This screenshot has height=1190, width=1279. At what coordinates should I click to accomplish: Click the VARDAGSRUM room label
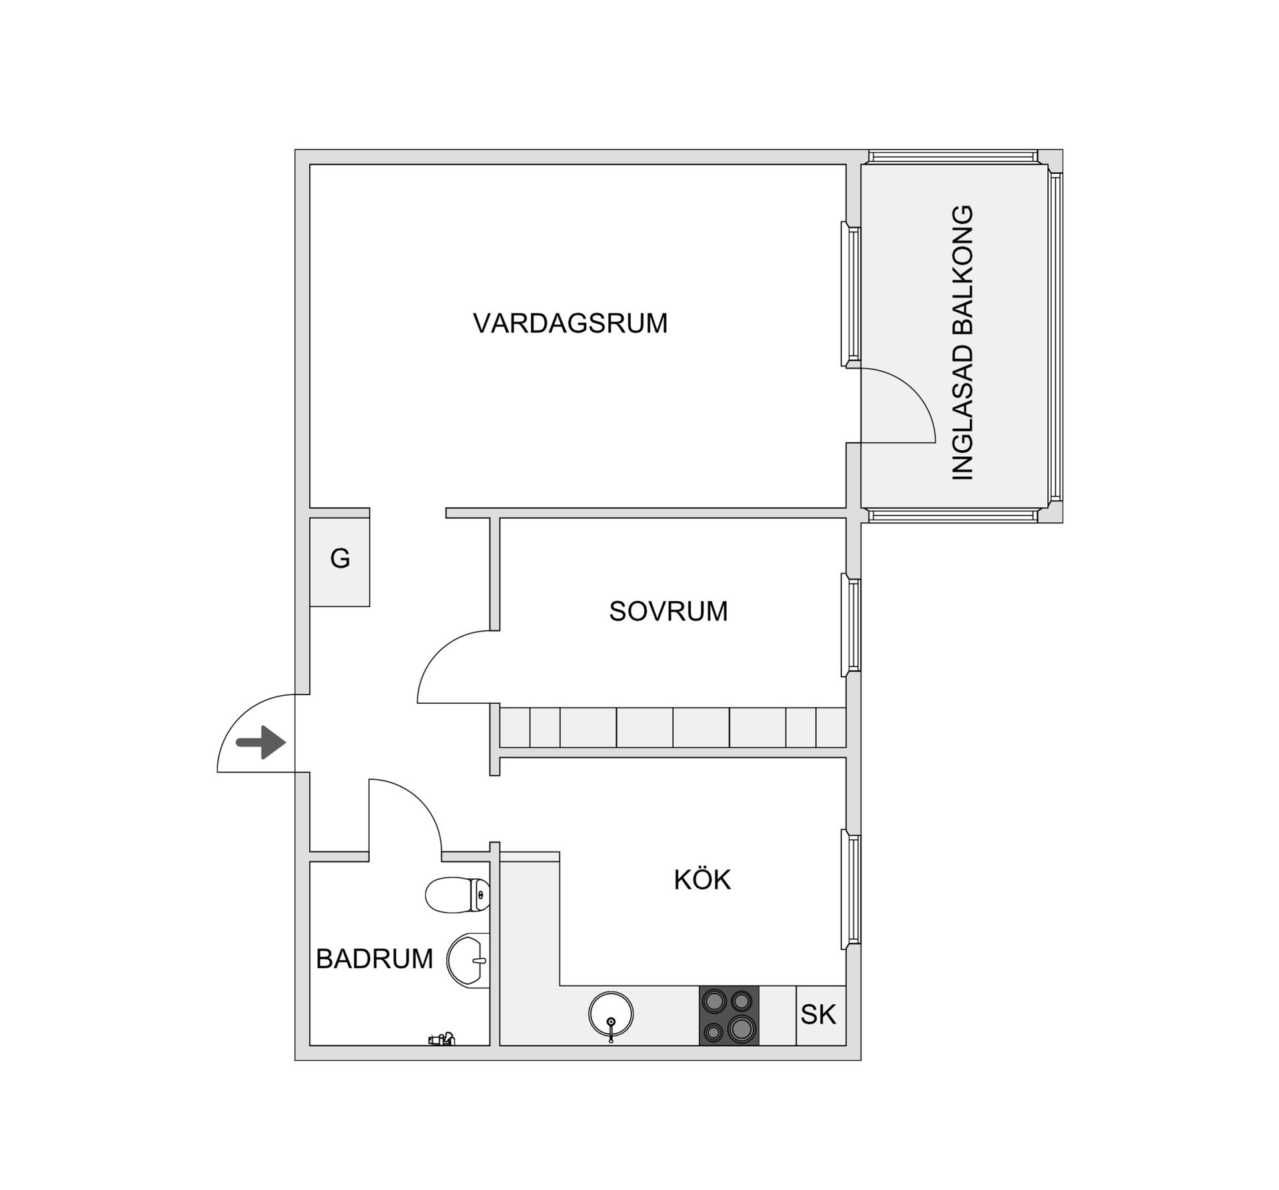pos(570,323)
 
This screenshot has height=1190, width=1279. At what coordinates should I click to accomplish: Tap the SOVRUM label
pos(668,611)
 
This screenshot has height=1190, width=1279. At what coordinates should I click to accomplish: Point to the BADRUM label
pos(374,959)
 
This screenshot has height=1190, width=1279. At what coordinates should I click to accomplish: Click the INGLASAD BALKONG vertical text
pos(963,342)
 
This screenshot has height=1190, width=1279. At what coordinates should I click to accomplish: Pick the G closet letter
pos(340,558)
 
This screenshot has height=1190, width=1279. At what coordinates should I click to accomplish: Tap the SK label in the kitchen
pos(818,1014)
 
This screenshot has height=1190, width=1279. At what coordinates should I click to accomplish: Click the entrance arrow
pos(261,742)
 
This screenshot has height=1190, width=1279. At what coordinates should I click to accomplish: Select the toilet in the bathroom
pos(458,895)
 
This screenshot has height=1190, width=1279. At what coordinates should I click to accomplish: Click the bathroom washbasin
pos(468,960)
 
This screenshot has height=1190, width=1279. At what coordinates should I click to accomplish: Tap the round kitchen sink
pos(611,1014)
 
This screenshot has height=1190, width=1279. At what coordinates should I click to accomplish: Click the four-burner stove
pos(729,1015)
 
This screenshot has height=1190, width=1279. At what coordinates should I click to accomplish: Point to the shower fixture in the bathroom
pos(442,1038)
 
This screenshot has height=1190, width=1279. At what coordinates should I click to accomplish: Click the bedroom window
pos(851,625)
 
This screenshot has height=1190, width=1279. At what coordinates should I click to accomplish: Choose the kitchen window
pos(851,889)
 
